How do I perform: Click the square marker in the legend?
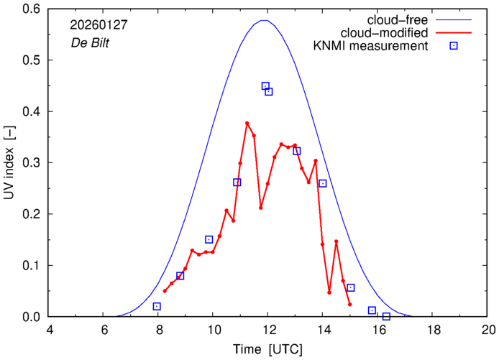tap(454, 46)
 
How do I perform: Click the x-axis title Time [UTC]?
tap(268, 349)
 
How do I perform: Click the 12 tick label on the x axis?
tap(268, 330)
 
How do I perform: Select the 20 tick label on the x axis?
tap(488, 330)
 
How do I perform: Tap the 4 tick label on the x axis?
tap(49, 330)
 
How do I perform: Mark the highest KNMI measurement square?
tap(265, 86)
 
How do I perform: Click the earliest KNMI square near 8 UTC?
tap(157, 307)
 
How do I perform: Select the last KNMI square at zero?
tap(386, 316)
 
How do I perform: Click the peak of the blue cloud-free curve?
tap(265, 20)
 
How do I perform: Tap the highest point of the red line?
tap(247, 124)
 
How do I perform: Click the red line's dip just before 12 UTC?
tap(261, 208)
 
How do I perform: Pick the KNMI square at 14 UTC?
tap(323, 183)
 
